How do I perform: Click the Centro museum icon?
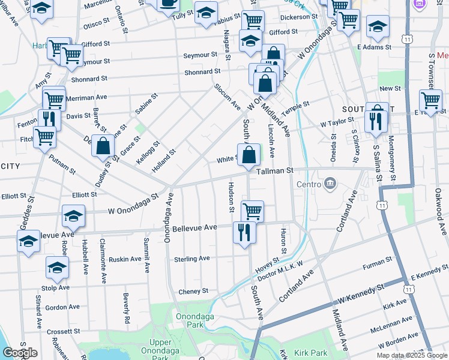click(x=330, y=183)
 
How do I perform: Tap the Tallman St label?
click(x=274, y=171)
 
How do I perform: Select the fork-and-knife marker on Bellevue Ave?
click(x=244, y=232)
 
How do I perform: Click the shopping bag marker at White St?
click(x=249, y=155)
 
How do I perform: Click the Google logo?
click(x=19, y=353)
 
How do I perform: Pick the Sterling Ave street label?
click(x=191, y=259)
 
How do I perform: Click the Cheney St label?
click(x=193, y=291)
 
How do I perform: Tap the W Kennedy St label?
click(x=361, y=295)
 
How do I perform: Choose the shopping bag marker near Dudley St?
click(x=103, y=146)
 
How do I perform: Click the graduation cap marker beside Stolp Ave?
click(x=57, y=268)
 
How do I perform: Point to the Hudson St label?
click(x=231, y=197)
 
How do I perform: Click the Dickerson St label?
click(x=298, y=17)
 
